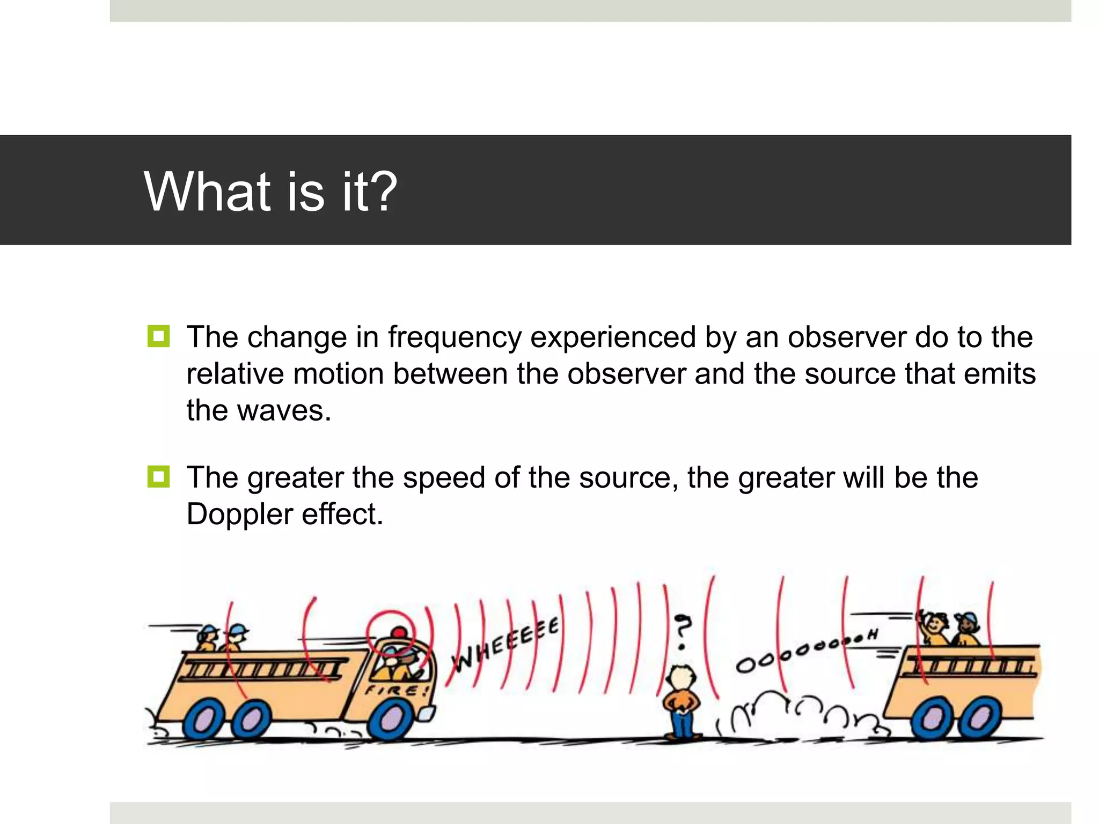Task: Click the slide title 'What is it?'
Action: [270, 192]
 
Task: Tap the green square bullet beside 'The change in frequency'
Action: [158, 336]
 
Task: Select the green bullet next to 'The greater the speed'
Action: [158, 476]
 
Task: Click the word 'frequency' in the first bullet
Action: [455, 337]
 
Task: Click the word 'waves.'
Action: [284, 410]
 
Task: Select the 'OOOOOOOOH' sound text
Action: [805, 649]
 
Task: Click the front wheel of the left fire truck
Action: [394, 719]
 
